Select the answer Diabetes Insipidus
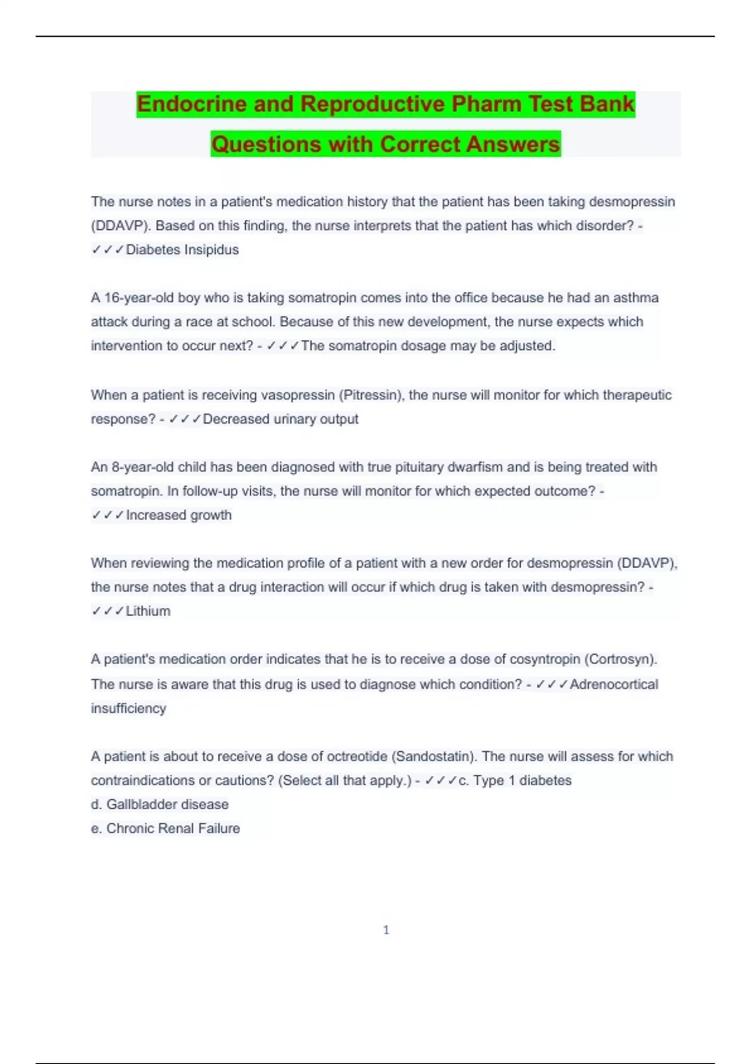pos(182,250)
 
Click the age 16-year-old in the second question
pos(138,298)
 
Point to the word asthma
pos(635,298)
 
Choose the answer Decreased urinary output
pos(280,419)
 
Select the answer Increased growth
pos(178,515)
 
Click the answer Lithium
pos(148,611)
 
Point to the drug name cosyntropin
pos(544,659)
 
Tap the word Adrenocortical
pos(613,684)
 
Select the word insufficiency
pos(128,708)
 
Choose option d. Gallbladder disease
pos(160,804)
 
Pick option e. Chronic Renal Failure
pos(165,829)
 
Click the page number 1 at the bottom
pos(386,930)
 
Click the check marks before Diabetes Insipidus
pos(107,250)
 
